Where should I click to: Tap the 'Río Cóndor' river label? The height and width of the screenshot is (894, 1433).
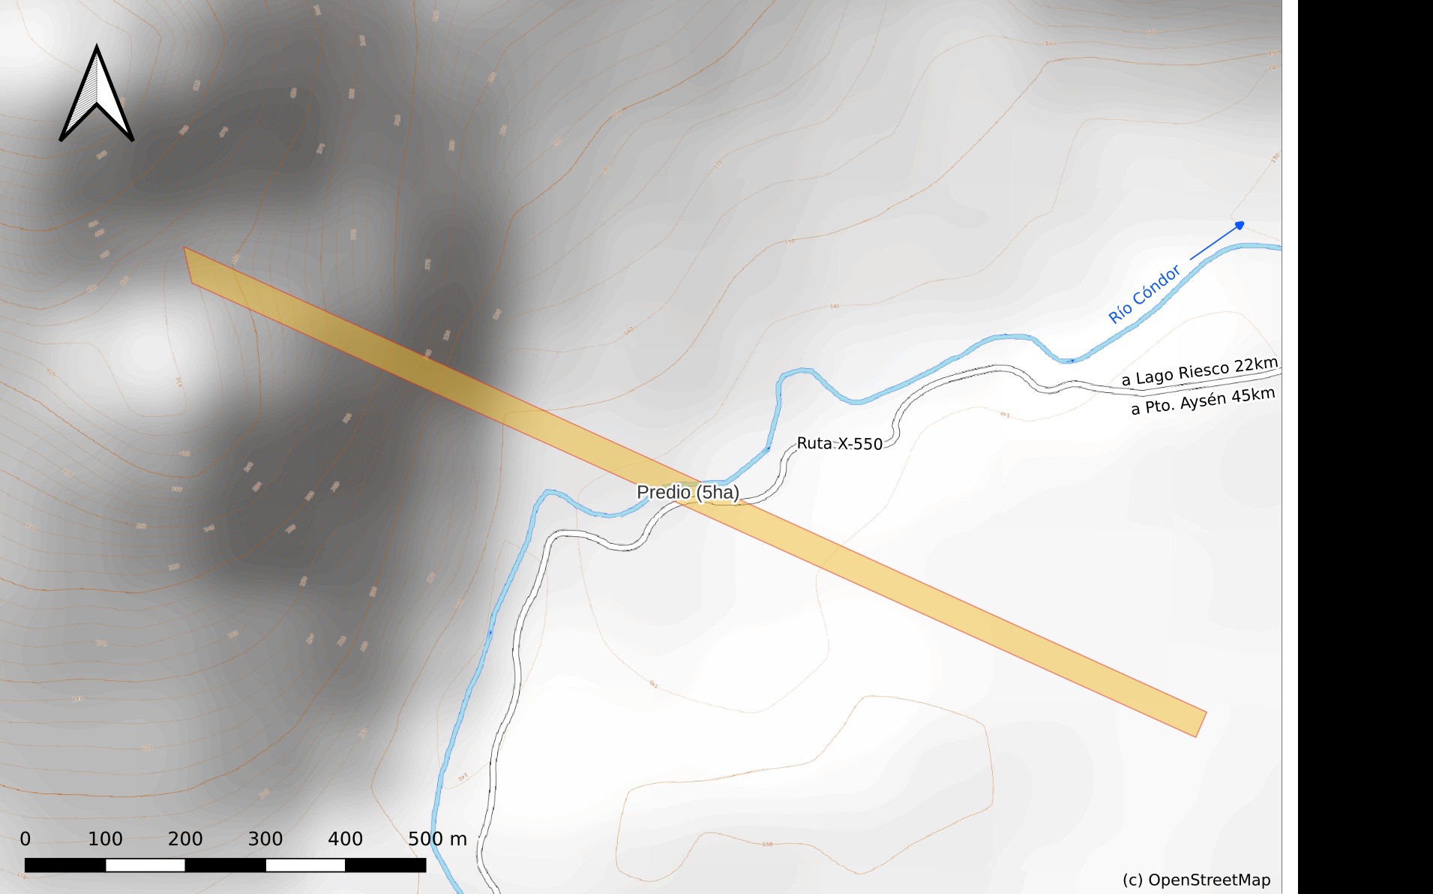[1144, 294]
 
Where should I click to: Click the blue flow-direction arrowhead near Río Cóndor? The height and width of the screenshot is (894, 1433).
[1240, 225]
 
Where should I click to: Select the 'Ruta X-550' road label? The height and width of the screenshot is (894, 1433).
[839, 443]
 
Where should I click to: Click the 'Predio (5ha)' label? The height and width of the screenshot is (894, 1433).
[688, 492]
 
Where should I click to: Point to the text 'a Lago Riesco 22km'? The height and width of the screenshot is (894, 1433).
[1199, 371]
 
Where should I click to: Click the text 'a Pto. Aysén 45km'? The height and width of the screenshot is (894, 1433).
[1203, 401]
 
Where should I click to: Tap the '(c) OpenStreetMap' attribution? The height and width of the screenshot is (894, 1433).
[1196, 880]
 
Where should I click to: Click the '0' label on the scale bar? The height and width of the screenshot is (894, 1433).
[25, 838]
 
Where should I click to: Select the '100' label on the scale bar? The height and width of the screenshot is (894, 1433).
[105, 838]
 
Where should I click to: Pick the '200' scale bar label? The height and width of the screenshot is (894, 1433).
[185, 838]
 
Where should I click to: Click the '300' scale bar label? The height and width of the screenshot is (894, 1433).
[265, 838]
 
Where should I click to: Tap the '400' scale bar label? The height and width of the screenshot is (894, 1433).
[345, 838]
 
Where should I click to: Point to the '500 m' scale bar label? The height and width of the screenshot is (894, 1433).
[437, 838]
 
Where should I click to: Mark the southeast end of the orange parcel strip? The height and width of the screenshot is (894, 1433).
[1199, 724]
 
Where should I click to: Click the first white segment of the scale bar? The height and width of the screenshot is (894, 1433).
[145, 865]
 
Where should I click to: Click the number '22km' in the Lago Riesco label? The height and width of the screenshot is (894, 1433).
[1256, 365]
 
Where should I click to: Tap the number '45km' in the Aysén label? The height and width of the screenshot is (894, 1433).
[1253, 394]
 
